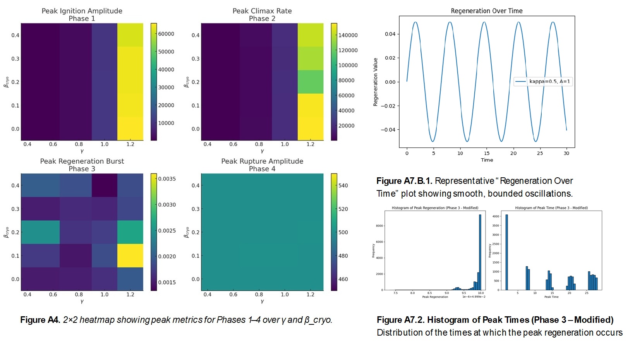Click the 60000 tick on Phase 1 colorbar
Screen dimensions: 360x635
click(166, 34)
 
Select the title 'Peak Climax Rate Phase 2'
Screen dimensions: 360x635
click(262, 15)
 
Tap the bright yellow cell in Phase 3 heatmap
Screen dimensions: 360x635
click(130, 255)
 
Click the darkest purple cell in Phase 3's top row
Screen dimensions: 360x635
click(104, 185)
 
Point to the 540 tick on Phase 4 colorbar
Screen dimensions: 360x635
click(343, 185)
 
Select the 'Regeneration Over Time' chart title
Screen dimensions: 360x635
click(486, 11)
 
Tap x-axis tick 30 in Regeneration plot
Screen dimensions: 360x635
click(566, 153)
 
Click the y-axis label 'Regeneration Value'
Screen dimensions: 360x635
click(375, 82)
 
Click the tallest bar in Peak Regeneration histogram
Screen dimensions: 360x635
click(480, 252)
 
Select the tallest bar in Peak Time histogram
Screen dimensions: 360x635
click(506, 252)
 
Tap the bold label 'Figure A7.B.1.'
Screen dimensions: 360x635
click(404, 181)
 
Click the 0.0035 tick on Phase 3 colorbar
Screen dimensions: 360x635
click(167, 179)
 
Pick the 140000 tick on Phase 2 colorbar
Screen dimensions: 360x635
click(348, 35)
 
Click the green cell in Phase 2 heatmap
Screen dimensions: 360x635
click(310, 82)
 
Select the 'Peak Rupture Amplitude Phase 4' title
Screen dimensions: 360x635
click(262, 165)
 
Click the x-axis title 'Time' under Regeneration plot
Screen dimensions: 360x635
click(487, 160)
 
